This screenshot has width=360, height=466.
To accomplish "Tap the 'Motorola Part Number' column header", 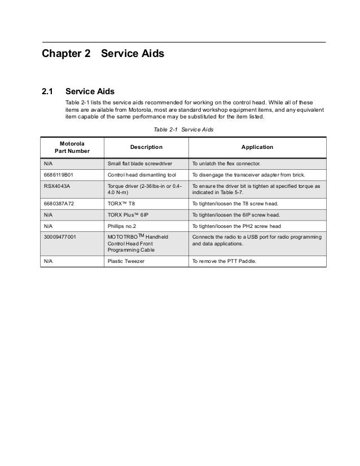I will coord(72,147).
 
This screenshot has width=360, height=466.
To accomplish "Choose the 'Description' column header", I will coord(146,147).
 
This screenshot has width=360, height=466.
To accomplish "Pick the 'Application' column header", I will coord(257,147).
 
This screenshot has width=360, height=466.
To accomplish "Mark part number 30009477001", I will coord(63,236).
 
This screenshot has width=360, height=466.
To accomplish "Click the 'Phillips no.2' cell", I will coord(124,226).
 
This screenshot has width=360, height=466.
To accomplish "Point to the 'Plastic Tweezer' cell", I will coord(128,261).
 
